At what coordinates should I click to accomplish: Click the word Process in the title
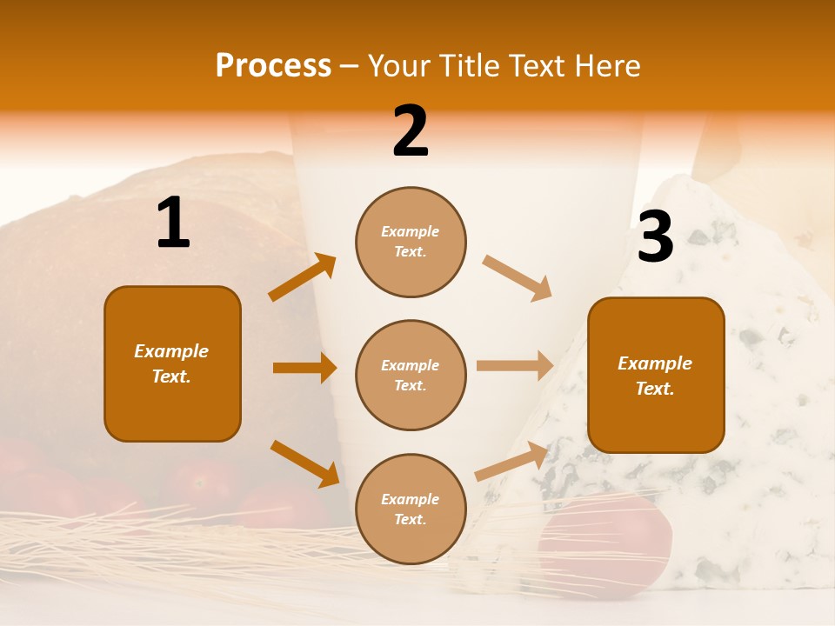[x=273, y=66]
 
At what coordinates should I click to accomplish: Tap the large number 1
[x=173, y=223]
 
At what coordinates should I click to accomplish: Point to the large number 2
[x=411, y=131]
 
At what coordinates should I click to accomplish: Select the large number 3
[x=655, y=237]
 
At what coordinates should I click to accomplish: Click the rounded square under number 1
[x=172, y=363]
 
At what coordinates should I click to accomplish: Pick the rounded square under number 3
[x=656, y=375]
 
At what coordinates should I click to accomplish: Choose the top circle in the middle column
[x=411, y=242]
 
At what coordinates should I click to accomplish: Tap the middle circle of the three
[x=411, y=375]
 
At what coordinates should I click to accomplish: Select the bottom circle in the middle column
[x=411, y=509]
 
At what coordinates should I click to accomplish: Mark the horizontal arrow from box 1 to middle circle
[x=304, y=368]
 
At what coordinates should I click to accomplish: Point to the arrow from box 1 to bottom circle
[x=304, y=463]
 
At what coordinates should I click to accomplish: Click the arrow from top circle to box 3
[x=518, y=278]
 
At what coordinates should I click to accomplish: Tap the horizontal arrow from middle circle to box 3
[x=515, y=365]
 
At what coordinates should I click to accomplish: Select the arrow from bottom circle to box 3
[x=511, y=461]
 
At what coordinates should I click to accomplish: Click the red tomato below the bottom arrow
[x=605, y=543]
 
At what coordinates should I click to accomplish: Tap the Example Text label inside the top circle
[x=411, y=242]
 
